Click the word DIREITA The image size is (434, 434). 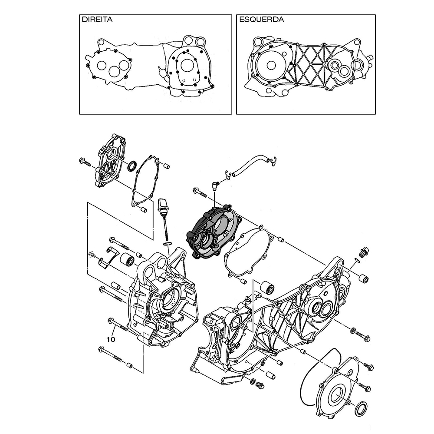tap(97, 20)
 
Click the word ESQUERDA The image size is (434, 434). tap(262, 20)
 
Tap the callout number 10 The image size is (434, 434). tap(111, 339)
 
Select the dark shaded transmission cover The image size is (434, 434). tap(214, 232)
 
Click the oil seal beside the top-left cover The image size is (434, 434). tap(132, 165)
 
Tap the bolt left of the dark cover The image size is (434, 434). tap(200, 192)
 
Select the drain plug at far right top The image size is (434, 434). tap(364, 251)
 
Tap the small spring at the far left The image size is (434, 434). tap(92, 254)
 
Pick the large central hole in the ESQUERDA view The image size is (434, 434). tap(271, 65)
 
